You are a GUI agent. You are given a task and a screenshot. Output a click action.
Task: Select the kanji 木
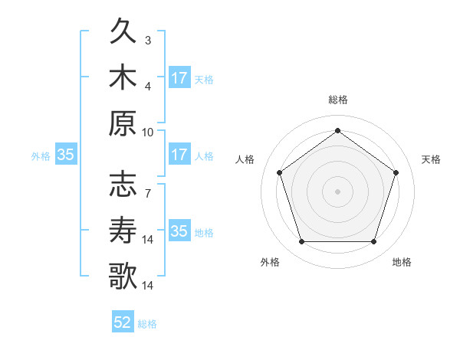[x=123, y=78]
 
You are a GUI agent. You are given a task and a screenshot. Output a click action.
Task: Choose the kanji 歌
[x=123, y=275]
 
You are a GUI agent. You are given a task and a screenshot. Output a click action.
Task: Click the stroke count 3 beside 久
[x=148, y=40]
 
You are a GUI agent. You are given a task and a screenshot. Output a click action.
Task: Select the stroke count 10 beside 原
[x=148, y=131]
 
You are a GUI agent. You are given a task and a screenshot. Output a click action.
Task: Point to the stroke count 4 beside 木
[x=148, y=86]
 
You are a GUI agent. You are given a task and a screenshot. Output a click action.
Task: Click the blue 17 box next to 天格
[x=179, y=77]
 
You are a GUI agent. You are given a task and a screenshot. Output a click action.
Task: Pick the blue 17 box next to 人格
[x=179, y=155]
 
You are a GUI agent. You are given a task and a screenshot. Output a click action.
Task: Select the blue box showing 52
[x=123, y=322]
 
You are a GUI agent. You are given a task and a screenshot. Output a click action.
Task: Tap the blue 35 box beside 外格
[x=66, y=155]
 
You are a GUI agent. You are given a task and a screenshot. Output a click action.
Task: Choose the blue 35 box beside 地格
[x=179, y=231]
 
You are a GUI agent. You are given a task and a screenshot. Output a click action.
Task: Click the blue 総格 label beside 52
[x=147, y=324]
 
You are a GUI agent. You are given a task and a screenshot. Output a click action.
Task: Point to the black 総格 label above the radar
[x=337, y=100]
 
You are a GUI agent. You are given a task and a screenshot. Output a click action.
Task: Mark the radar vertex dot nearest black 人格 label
[x=280, y=172]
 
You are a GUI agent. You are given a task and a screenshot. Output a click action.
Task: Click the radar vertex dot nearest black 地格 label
[x=373, y=242]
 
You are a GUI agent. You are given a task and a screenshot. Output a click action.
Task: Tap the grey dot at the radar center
[x=337, y=191]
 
